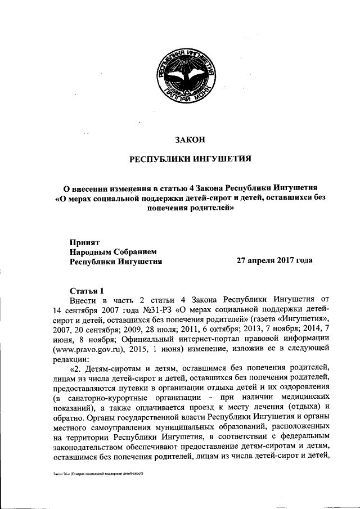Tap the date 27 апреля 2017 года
point(274,261)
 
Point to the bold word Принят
point(83,242)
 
